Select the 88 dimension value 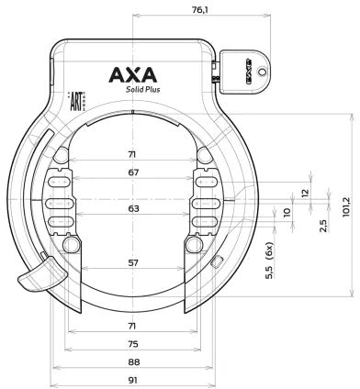(x=134, y=362)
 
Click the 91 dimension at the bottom (x=134, y=379)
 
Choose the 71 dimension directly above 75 (x=134, y=327)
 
